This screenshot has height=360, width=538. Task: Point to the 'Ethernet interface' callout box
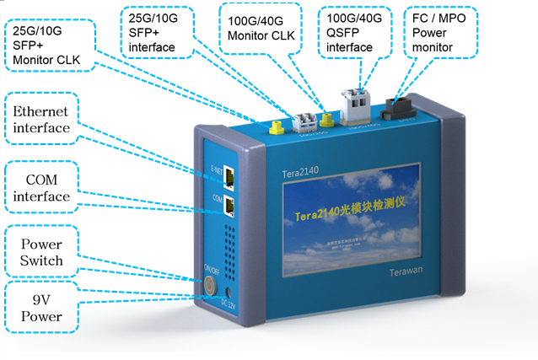(x=40, y=121)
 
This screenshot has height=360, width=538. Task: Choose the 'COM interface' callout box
(x=40, y=188)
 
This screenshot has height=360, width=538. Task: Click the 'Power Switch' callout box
(x=40, y=251)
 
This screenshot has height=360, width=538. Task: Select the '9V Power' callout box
(x=40, y=308)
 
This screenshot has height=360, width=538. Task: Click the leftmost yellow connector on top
(x=275, y=128)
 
